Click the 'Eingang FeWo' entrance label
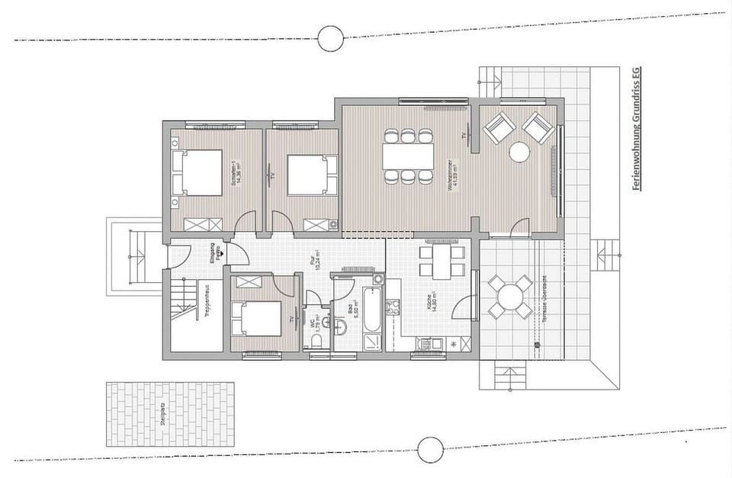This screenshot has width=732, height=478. (x=217, y=254)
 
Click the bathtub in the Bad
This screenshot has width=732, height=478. (x=371, y=310)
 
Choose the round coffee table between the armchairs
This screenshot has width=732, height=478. (x=519, y=152)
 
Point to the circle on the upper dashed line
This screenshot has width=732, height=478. (x=330, y=37)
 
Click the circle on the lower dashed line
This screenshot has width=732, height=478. (x=430, y=449)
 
